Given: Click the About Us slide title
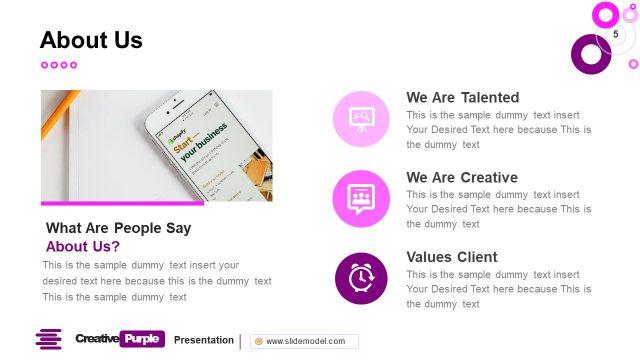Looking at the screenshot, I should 91,40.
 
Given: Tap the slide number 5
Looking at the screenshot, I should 615,35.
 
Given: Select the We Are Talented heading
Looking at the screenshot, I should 462,97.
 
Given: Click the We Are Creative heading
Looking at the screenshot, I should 461,177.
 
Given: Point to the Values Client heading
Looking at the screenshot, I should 451,257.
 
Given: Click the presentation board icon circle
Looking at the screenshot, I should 361,118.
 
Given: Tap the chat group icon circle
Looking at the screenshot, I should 361,198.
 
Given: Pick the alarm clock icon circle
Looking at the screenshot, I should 361,278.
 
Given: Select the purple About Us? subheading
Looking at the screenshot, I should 83,246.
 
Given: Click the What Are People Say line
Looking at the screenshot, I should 118,228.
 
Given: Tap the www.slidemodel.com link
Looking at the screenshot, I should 305,341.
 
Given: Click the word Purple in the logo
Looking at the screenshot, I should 141,339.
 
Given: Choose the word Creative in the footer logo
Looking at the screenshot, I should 97,339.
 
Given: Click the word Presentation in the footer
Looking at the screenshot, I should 204,340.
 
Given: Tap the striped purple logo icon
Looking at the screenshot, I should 49,340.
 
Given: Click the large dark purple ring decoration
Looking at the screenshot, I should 590,54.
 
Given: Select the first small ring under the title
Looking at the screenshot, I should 45,65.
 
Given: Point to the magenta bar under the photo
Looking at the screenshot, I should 122,203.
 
